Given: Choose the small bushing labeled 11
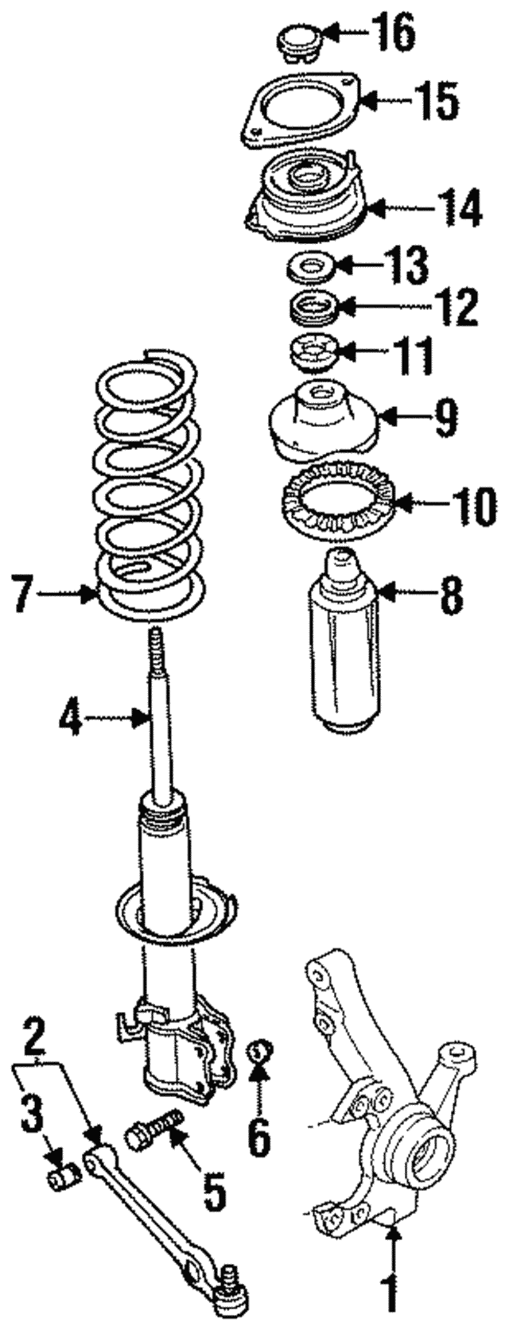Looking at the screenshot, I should click(x=313, y=352).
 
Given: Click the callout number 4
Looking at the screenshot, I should click(x=71, y=719).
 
